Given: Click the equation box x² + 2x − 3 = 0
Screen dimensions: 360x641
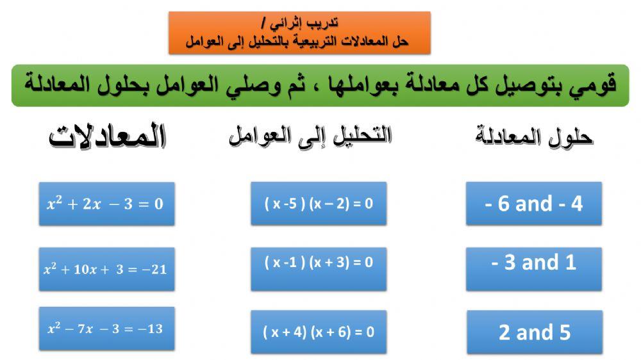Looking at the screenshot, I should (106, 204).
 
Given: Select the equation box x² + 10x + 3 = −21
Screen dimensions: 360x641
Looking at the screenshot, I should (106, 269).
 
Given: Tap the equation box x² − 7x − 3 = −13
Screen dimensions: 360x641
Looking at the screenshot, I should (106, 329).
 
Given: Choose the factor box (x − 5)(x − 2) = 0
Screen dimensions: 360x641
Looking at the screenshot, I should (319, 204).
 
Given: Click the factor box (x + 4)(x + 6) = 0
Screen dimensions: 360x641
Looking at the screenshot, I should (319, 332).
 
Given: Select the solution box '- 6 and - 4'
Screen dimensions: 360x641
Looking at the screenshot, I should (534, 204).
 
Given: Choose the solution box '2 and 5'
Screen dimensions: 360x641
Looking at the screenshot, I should (534, 332).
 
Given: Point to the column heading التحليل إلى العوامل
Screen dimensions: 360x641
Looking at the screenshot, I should (310, 136).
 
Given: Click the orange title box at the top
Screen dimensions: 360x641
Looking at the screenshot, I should (299, 33).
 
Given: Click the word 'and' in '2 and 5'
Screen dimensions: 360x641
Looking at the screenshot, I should (535, 332).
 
